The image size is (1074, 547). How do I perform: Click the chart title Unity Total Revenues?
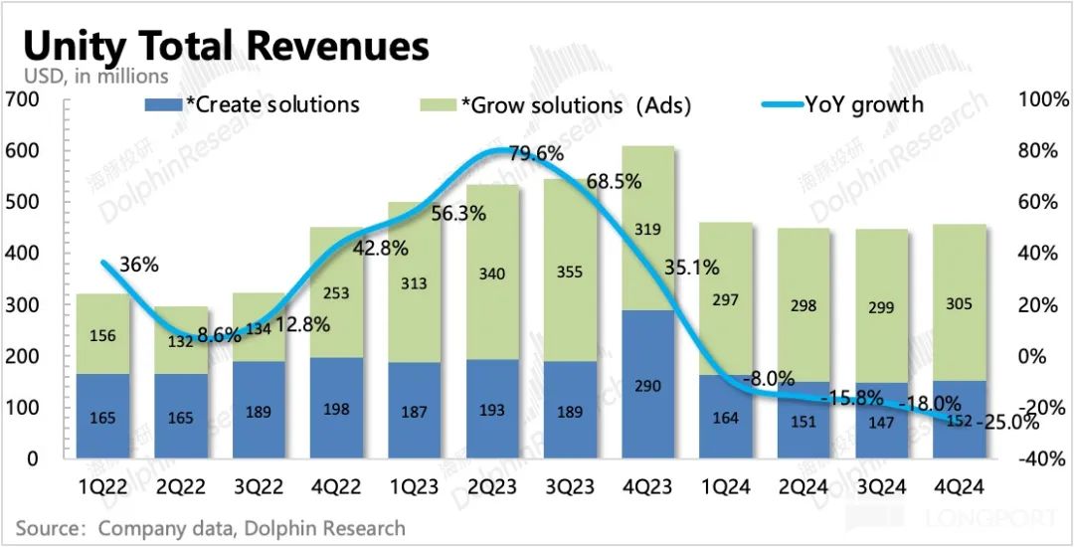click(226, 46)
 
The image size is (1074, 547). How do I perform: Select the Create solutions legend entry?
click(253, 103)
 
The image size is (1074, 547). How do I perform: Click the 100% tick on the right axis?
click(1044, 99)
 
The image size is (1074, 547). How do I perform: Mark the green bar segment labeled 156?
click(102, 334)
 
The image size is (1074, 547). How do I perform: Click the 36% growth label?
click(139, 266)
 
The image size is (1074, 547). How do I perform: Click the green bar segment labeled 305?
click(959, 302)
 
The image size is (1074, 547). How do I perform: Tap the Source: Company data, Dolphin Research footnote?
click(211, 527)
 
